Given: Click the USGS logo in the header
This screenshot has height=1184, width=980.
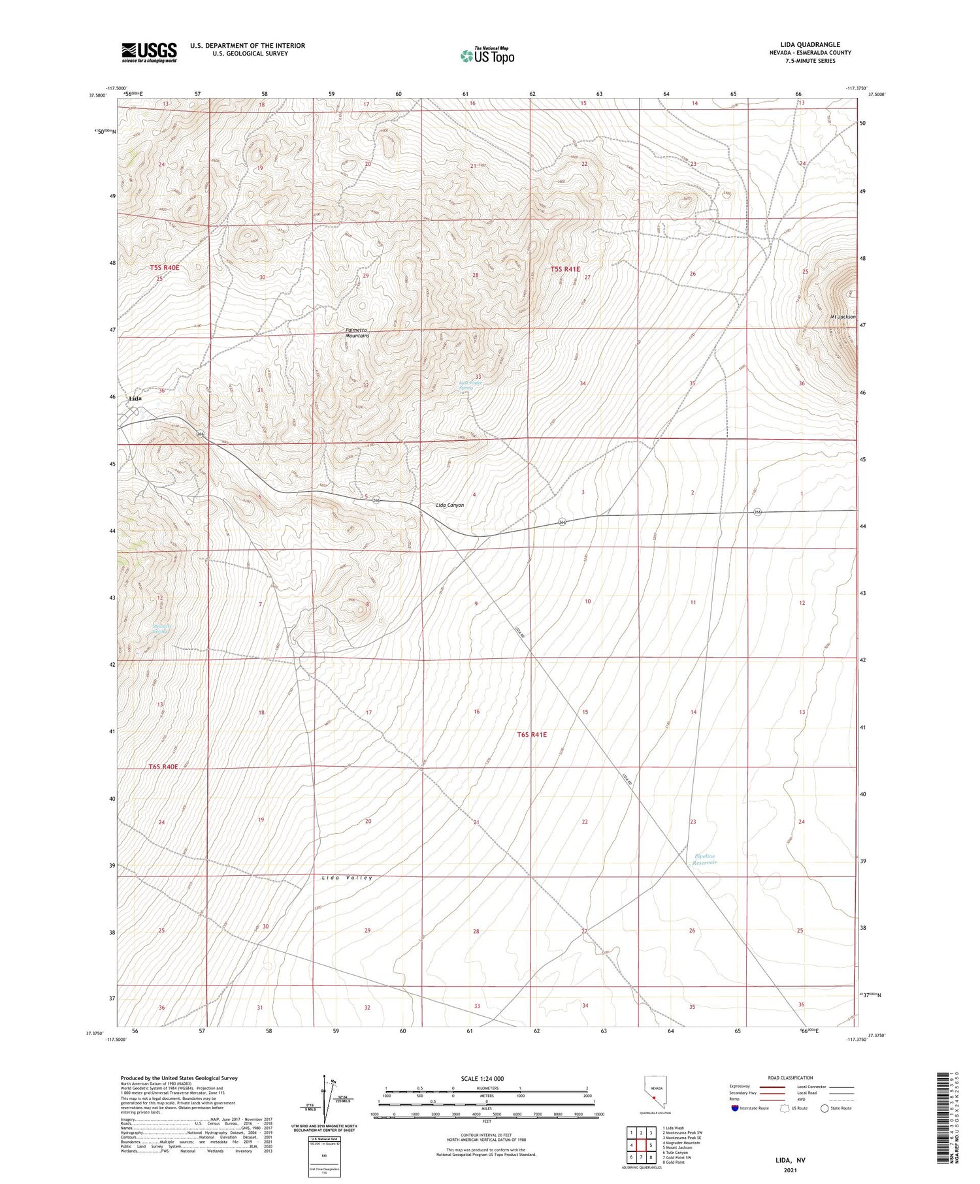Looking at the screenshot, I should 149,52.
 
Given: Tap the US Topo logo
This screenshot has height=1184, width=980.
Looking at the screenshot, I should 487,56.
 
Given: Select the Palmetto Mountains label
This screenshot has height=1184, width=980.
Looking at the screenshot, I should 357,332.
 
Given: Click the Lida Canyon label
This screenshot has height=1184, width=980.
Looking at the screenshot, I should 449,505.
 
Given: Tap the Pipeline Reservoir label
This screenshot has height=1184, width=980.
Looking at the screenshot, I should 705,859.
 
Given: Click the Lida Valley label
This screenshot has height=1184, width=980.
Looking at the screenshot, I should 347,878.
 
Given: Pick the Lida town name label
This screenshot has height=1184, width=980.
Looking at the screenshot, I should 135,398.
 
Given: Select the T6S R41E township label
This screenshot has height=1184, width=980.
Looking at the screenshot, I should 532,735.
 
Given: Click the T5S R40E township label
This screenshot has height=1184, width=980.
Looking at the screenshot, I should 164,268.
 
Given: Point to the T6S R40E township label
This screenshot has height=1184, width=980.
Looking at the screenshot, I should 163,767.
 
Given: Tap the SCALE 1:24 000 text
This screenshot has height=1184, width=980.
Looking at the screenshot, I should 482,1078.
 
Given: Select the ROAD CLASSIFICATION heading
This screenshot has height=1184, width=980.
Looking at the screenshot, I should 791,1078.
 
